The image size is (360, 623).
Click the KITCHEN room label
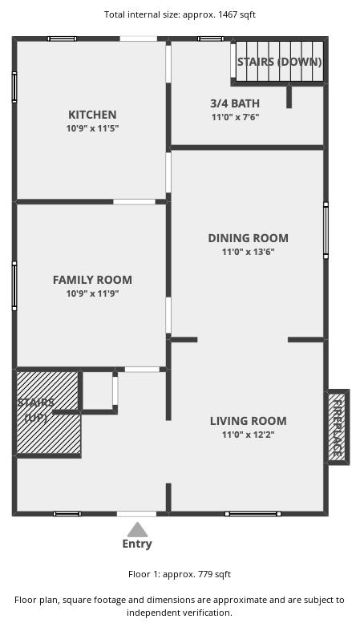92,115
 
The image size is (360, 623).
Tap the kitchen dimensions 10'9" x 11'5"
92,128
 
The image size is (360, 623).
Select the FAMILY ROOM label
92,280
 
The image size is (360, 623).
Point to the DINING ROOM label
249,238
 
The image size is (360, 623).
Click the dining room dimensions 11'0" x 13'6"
249,252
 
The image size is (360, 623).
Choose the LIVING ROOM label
249,421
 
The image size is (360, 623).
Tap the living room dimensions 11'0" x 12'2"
249,435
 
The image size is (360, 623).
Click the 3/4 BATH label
235,103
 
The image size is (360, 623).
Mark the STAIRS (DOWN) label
279,62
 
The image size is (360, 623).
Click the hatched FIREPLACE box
338,427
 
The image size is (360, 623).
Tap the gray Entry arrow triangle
137,530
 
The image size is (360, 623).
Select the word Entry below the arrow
137,544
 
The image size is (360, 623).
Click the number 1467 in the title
227,14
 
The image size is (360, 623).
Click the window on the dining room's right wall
326,230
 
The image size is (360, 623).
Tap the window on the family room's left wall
14,285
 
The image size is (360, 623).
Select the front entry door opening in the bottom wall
136,514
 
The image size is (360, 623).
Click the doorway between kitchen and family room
135,202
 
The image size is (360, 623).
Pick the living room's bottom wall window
253,514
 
